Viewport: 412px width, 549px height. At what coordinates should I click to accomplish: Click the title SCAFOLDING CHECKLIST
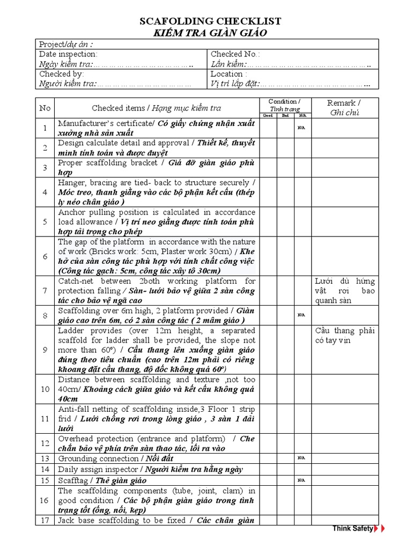pyautogui.click(x=210, y=21)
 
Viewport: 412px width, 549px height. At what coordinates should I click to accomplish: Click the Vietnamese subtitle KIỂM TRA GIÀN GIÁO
pyautogui.click(x=210, y=33)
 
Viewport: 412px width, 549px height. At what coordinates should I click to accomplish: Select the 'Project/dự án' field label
pyautogui.click(x=65, y=44)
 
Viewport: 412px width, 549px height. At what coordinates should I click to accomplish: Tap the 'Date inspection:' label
pyautogui.click(x=68, y=54)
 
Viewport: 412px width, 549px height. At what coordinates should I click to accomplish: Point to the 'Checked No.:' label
pyautogui.click(x=235, y=54)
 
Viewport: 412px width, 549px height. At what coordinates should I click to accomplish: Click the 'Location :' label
pyautogui.click(x=229, y=74)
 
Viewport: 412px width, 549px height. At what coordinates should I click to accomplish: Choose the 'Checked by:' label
pyautogui.click(x=61, y=74)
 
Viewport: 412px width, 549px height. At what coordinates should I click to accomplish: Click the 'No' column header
pyautogui.click(x=45, y=108)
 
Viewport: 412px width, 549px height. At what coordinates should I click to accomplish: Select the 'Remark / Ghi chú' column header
pyautogui.click(x=344, y=108)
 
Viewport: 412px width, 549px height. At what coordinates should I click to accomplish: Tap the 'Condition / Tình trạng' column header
pyautogui.click(x=284, y=105)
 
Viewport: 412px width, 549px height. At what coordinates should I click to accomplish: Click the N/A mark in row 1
pyautogui.click(x=302, y=128)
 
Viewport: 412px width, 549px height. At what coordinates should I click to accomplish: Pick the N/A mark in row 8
pyautogui.click(x=302, y=315)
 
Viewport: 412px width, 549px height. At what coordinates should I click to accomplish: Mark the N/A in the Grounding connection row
pyautogui.click(x=302, y=458)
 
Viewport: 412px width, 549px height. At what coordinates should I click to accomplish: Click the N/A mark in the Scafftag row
pyautogui.click(x=302, y=480)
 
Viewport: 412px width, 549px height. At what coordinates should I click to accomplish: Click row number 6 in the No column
pyautogui.click(x=45, y=256)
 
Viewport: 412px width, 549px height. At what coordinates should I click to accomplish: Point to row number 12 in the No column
pyautogui.click(x=45, y=443)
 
